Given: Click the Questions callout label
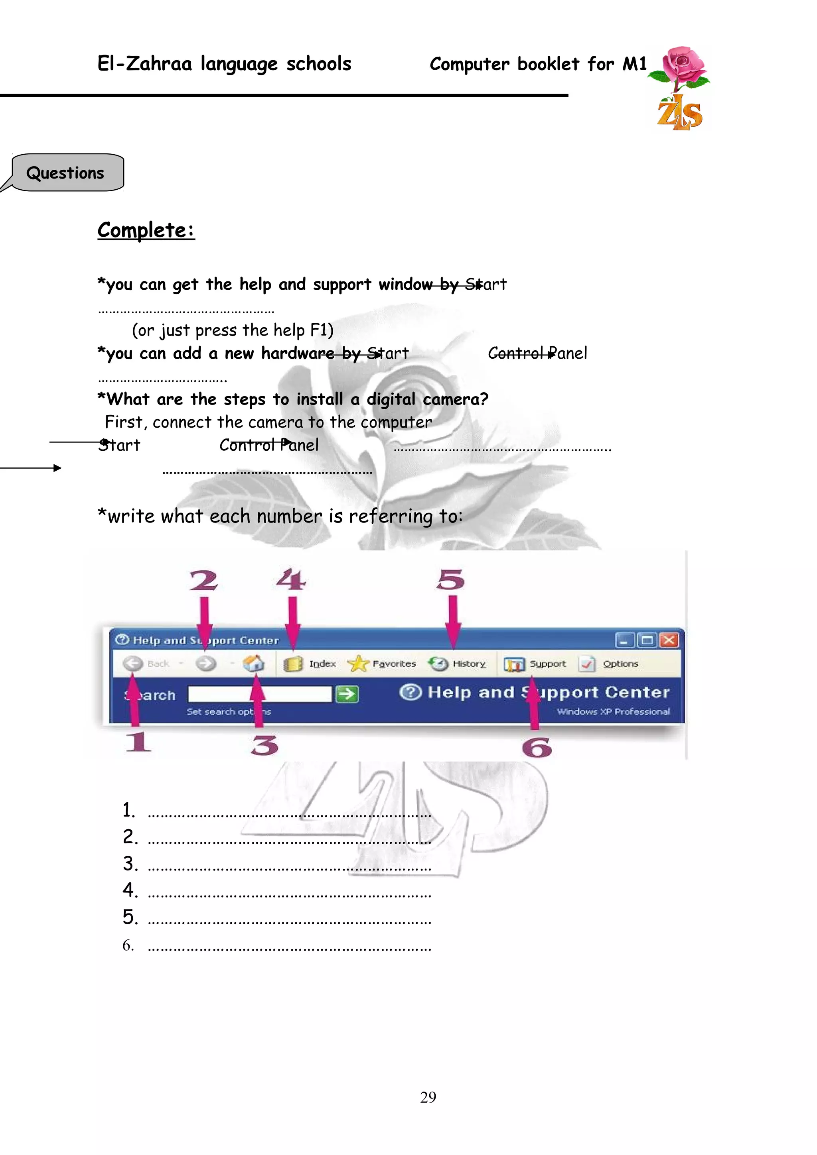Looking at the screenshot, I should [x=65, y=173].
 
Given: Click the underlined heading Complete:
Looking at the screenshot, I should [x=146, y=230].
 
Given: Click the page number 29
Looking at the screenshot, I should [x=428, y=1097].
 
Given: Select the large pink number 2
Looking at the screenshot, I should [x=203, y=581].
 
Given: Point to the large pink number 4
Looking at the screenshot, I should [x=291, y=579].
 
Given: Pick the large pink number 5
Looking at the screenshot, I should [x=450, y=580].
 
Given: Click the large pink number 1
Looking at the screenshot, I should [x=138, y=742].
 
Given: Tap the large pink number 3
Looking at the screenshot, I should [x=264, y=746].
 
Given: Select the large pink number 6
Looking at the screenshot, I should [x=537, y=748].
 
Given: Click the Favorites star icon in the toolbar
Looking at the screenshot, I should [x=357, y=664].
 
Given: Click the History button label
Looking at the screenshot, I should [x=469, y=664].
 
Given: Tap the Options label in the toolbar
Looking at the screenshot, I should [x=621, y=664].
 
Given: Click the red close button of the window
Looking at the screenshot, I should [x=669, y=640].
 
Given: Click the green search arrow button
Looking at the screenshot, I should [x=347, y=694].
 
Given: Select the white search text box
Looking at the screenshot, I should [x=260, y=694].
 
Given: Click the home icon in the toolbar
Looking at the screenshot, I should [x=253, y=664].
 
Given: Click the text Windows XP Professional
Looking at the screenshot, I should [x=613, y=712].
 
